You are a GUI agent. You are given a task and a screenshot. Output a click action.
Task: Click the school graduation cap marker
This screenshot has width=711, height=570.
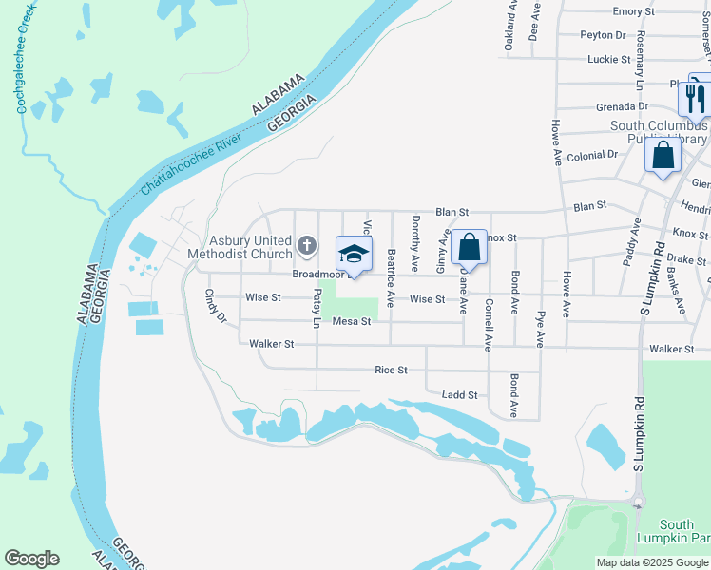pyautogui.click(x=354, y=255)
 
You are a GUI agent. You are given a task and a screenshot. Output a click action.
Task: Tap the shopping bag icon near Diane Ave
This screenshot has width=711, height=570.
pyautogui.click(x=469, y=247)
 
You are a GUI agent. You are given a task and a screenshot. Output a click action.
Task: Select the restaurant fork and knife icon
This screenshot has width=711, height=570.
pyautogui.click(x=696, y=97)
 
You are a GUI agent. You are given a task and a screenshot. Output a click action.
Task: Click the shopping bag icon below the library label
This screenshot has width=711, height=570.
pyautogui.click(x=663, y=154)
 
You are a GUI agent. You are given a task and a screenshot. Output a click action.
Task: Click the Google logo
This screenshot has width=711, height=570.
pyautogui.click(x=31, y=559)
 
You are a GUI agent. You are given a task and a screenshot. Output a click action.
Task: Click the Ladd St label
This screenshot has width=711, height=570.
pyautogui.click(x=459, y=394)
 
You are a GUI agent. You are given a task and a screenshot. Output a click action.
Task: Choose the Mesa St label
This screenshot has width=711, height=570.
pyautogui.click(x=350, y=322)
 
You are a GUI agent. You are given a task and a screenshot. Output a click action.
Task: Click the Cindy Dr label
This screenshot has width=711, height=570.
pyautogui.click(x=215, y=306)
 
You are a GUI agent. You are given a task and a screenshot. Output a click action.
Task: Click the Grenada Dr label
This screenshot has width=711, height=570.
pyautogui.click(x=622, y=107)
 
